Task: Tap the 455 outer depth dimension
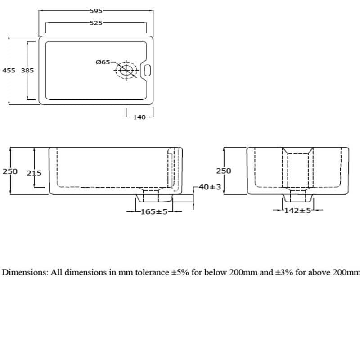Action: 9,70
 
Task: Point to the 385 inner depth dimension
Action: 27,70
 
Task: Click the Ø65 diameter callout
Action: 103,62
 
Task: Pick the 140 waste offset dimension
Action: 139,117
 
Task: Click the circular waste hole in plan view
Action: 126,70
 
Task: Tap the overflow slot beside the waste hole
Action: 147,70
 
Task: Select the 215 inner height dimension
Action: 34,172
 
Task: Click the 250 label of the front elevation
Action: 10,171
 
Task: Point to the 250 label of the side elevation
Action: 224,171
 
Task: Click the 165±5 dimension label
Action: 154,211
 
